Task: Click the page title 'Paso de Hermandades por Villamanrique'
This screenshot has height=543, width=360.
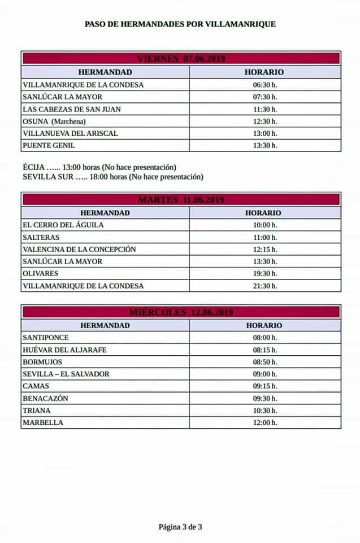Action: coord(180,24)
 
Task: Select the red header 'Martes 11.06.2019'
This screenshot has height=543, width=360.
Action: coord(181,200)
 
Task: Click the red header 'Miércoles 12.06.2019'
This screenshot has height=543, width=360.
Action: coord(181,312)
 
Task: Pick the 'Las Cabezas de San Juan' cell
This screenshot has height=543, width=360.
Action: coord(72,109)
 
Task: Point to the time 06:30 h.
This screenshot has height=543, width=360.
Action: coord(265,85)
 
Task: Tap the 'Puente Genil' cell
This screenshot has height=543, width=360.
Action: coord(49,145)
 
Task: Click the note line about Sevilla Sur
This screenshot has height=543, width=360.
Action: coord(112,176)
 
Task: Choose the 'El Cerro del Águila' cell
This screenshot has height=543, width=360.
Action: coord(63,225)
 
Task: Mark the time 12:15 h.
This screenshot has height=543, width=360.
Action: coord(265,249)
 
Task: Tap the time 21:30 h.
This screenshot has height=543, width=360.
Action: coord(265,286)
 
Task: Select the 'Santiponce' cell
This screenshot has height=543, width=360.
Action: coord(45,338)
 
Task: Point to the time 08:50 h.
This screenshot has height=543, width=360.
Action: coord(265,362)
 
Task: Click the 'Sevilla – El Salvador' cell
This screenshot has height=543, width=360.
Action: coord(66,374)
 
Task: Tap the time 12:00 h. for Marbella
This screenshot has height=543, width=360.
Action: coord(265,423)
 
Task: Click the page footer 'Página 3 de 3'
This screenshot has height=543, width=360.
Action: coord(180,527)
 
